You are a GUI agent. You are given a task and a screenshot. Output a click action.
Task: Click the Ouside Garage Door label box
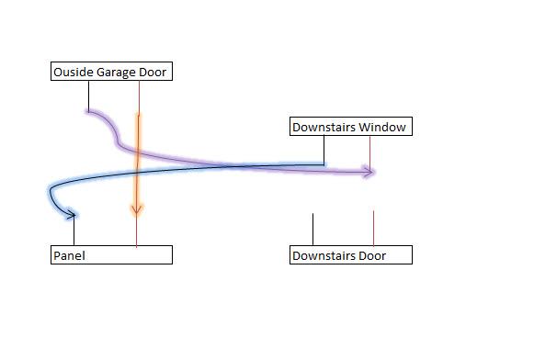click(x=110, y=72)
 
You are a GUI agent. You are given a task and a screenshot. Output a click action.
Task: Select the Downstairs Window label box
click(x=349, y=127)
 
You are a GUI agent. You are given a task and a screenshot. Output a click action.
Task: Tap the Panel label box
click(x=110, y=255)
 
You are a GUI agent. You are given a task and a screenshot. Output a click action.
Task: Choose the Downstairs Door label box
click(x=349, y=255)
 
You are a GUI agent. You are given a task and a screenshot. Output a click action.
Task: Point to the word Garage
click(x=115, y=72)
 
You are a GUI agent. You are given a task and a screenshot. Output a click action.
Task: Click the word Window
click(x=382, y=128)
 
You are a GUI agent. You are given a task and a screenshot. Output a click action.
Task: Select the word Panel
click(x=69, y=255)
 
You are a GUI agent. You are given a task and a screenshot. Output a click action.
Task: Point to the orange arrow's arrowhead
click(x=136, y=210)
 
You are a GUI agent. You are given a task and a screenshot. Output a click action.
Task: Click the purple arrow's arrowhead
click(x=369, y=171)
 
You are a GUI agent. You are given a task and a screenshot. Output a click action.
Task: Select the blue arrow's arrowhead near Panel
click(x=72, y=215)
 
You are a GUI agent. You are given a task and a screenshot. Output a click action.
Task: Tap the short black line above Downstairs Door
click(x=313, y=229)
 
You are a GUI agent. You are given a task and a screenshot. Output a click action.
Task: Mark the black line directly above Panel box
click(x=74, y=233)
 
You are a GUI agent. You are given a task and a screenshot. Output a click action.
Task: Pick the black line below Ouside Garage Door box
click(x=88, y=96)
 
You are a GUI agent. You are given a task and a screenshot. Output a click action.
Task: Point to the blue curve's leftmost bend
click(x=49, y=194)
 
